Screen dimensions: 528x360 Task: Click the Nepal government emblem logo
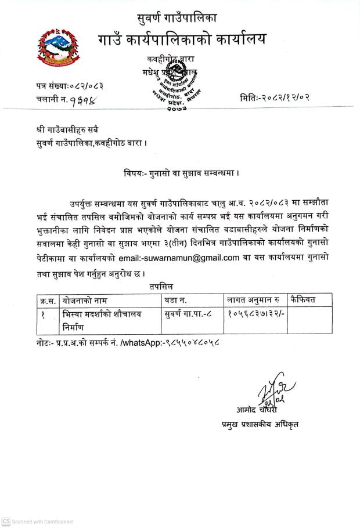pyautogui.click(x=57, y=46)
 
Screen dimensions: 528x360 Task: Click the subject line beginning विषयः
pyautogui.click(x=182, y=172)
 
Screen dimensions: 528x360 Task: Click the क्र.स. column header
pyautogui.click(x=49, y=300)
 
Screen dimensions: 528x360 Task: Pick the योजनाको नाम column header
pyautogui.click(x=87, y=300)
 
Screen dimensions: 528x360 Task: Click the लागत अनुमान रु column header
pyautogui.click(x=253, y=300)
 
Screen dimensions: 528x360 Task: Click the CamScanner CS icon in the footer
pyautogui.click(x=5, y=522)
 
